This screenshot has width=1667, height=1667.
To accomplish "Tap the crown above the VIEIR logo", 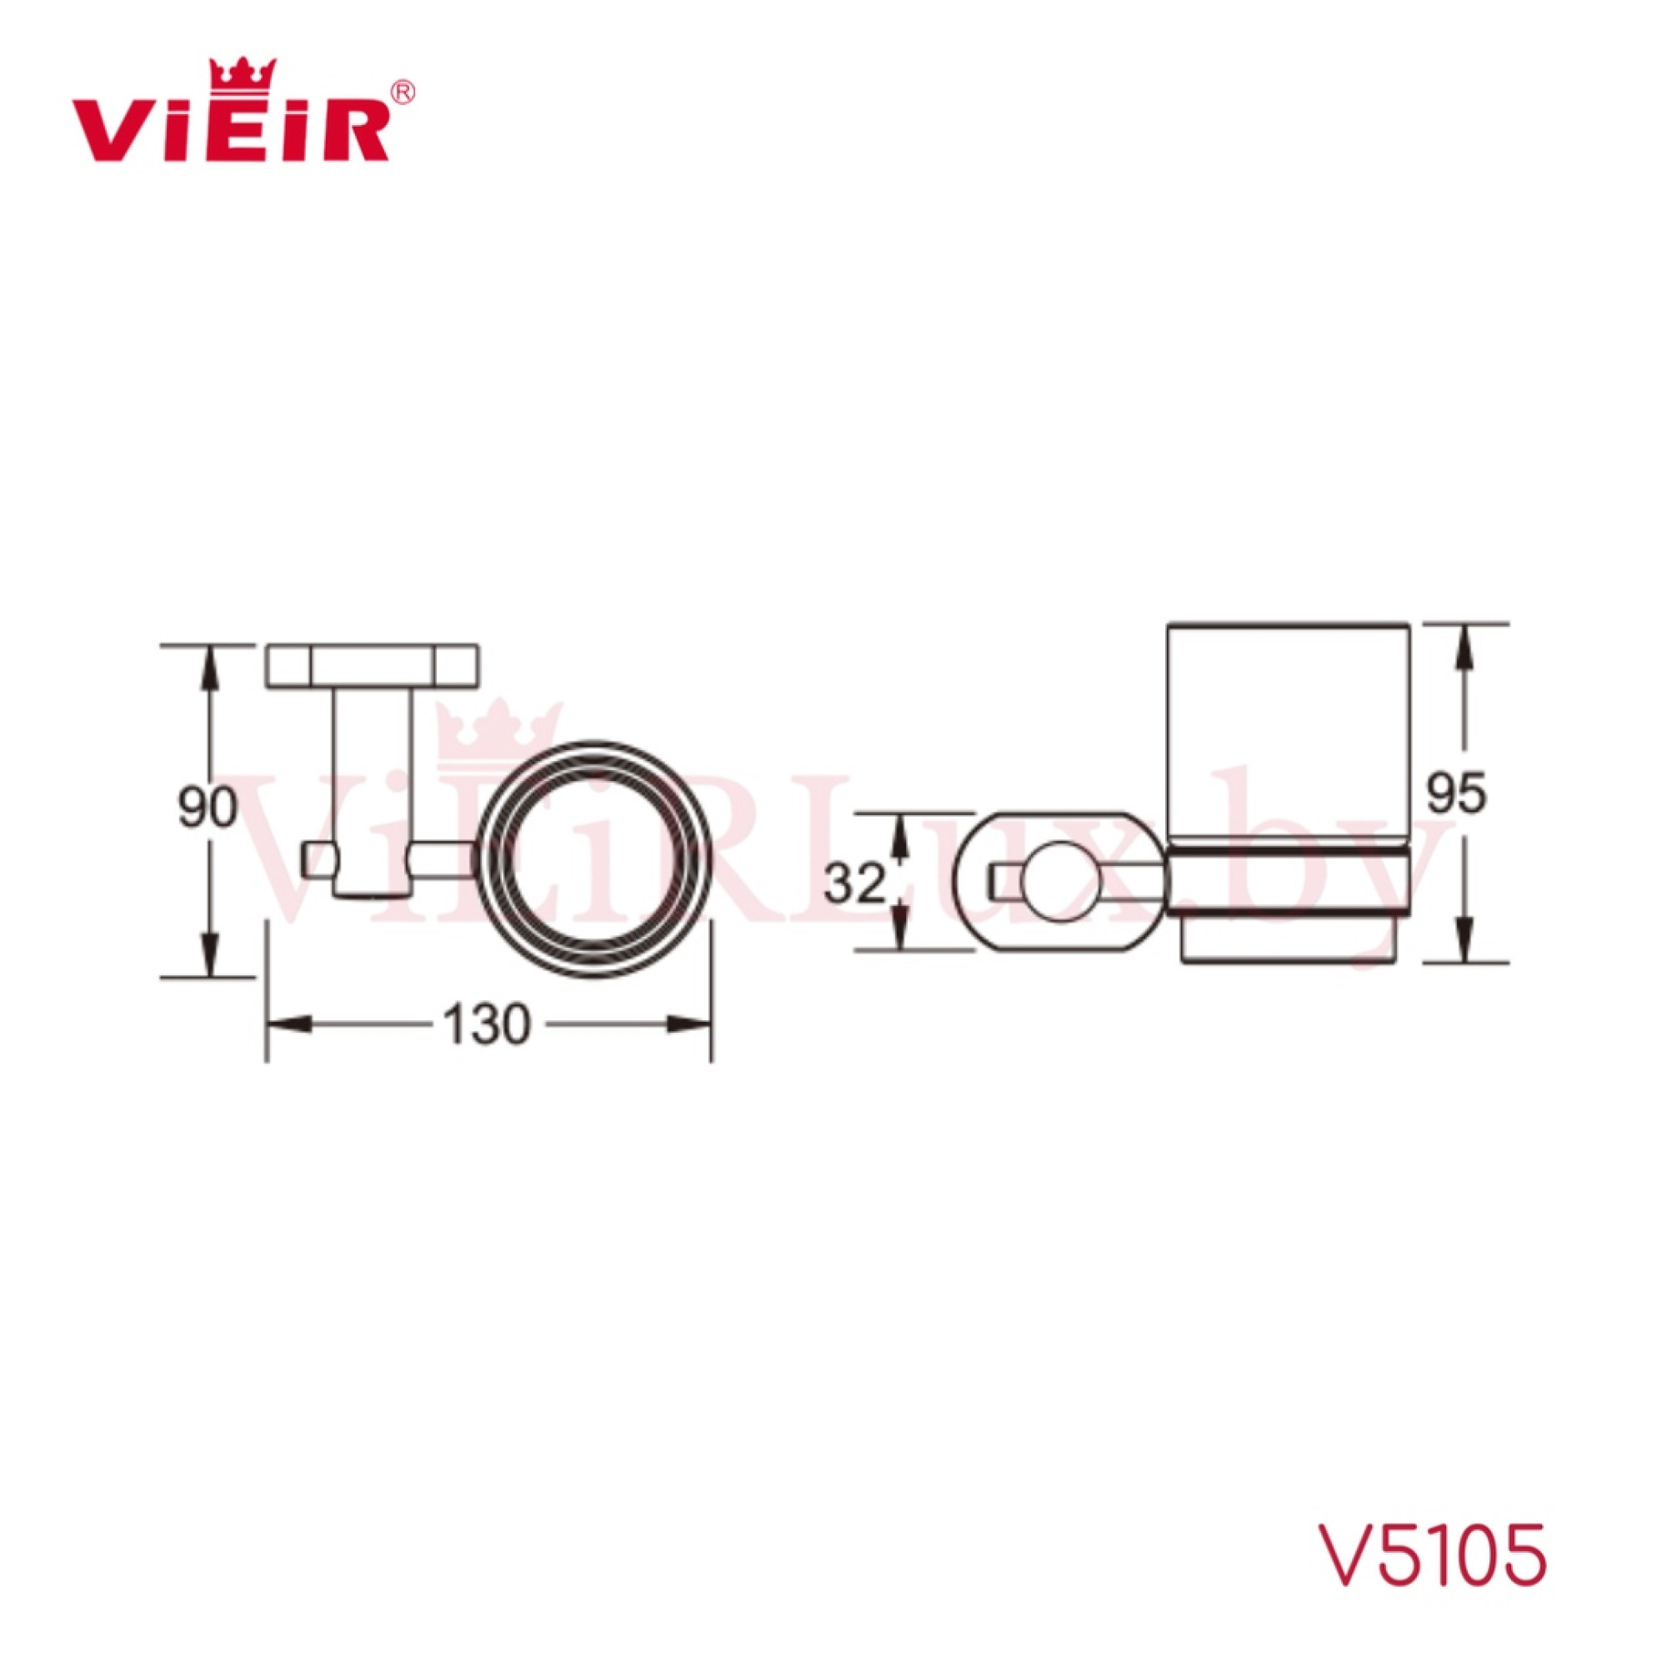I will point(243,73).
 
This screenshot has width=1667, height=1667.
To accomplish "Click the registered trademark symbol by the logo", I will point(403,93).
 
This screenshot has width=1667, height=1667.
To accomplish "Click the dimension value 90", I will point(207,809).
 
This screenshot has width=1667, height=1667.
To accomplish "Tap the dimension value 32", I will point(854,882).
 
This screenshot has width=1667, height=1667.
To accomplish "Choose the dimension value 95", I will point(1455,793).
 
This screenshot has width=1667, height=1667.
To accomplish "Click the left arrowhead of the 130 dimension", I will point(288,1024).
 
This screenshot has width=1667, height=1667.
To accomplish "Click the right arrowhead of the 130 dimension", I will point(690,1024).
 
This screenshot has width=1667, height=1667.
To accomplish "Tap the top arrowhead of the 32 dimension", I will point(899,834).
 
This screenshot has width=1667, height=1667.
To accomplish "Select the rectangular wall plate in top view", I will point(373,665).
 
